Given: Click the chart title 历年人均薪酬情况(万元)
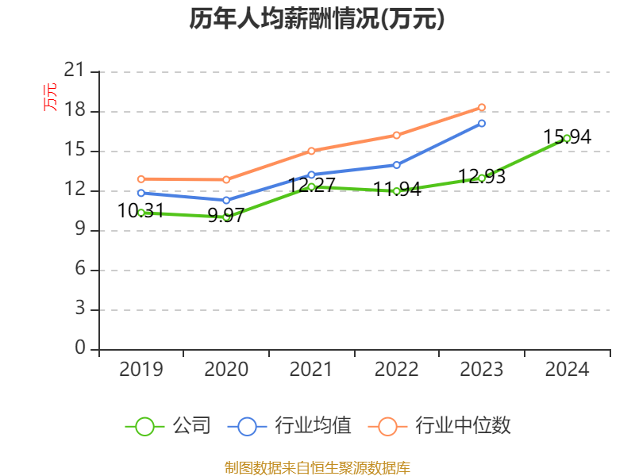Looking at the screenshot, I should [317, 19].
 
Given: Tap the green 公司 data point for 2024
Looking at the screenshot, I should [567, 138].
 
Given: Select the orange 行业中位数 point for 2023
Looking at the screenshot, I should [482, 107].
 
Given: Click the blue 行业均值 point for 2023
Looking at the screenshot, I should [482, 123].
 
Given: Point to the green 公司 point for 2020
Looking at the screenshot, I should [226, 216].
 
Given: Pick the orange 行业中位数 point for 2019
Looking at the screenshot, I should [140, 178].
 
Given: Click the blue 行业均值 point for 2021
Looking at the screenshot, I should [311, 175].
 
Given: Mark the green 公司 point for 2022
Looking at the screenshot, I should [396, 190].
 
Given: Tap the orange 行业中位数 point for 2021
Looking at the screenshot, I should [311, 151].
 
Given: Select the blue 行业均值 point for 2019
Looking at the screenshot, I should [140, 193].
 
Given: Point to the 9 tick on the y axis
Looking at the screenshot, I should [79, 230].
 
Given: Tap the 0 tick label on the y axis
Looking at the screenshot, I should [79, 349].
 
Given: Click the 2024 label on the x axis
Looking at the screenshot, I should [567, 370].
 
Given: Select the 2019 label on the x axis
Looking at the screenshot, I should [140, 370].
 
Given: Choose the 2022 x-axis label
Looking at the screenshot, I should [396, 370].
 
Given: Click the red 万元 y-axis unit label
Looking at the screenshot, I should [50, 97].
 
